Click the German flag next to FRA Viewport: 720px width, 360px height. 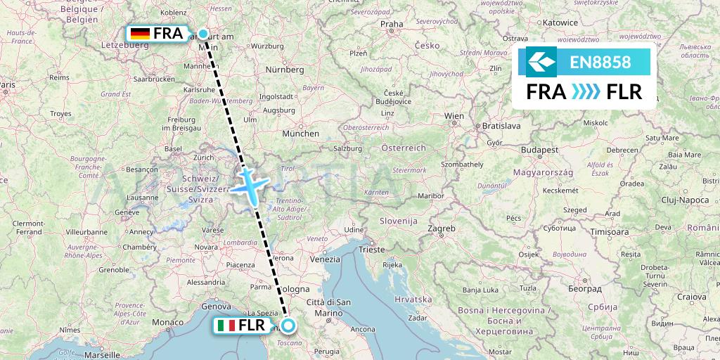tap(140, 33)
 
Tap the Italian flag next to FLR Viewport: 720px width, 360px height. tap(226, 326)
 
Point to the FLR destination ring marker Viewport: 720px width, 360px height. tap(288, 326)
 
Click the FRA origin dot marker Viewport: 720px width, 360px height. tap(203, 33)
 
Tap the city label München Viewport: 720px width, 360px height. tap(300, 133)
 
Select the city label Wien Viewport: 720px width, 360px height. tap(454, 116)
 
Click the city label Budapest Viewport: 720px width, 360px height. tap(539, 150)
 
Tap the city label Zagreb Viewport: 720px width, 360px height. tap(442, 229)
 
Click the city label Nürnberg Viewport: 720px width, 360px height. tap(284, 70)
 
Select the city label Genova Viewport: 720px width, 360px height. tap(215, 307)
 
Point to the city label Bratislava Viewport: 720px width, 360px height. tap(500, 126)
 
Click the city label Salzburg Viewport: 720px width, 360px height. tap(347, 148)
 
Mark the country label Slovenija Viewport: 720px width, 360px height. tap(399, 221)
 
